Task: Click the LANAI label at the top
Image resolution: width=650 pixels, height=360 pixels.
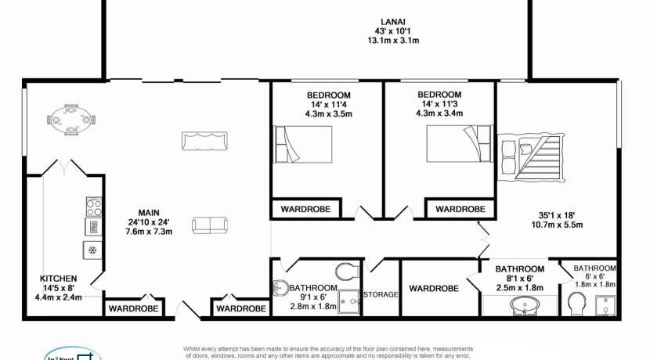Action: point(392,22)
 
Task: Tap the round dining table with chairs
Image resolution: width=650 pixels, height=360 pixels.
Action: point(71,120)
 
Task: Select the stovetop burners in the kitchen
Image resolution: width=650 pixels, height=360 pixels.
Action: point(93,207)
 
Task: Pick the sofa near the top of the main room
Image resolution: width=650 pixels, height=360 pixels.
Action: point(205,142)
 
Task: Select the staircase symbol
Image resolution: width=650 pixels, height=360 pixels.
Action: point(533,157)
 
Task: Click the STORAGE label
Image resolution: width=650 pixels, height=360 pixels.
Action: point(381,294)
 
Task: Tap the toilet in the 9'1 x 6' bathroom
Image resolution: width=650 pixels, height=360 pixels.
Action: point(345,272)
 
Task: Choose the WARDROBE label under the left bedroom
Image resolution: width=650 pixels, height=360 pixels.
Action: point(306,209)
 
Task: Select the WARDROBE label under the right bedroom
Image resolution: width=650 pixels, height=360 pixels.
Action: point(460,209)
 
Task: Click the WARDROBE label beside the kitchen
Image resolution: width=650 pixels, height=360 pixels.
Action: point(134,308)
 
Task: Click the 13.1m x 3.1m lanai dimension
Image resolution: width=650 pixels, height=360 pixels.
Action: point(392,41)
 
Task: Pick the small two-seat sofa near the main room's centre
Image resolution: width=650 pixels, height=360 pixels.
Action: point(207,225)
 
